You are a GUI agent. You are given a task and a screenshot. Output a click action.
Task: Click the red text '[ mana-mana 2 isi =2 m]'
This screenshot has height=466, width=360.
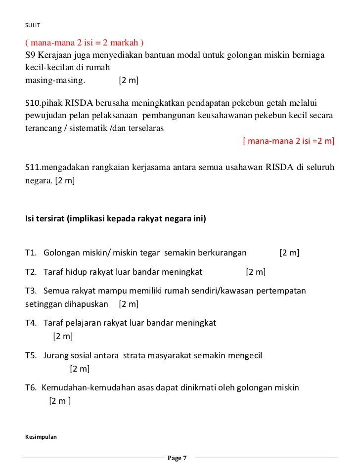289,141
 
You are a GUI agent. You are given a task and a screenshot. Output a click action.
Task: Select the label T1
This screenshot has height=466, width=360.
31,254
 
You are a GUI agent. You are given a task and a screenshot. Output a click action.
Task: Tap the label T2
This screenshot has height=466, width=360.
31,272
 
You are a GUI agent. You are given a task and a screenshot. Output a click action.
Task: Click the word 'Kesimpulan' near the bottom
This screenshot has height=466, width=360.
41,437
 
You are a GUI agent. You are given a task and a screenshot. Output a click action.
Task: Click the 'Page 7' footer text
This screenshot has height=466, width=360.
177,458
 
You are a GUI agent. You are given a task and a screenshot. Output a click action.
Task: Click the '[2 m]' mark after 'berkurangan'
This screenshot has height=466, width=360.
289,254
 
